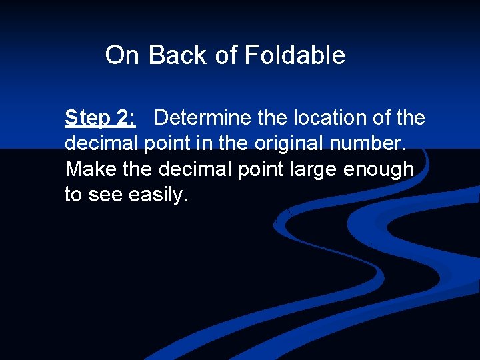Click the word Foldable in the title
pyautogui.click(x=295, y=55)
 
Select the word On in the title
pyautogui.click(x=122, y=55)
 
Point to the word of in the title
pyautogui.click(x=227, y=55)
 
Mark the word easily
pyautogui.click(x=159, y=196)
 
